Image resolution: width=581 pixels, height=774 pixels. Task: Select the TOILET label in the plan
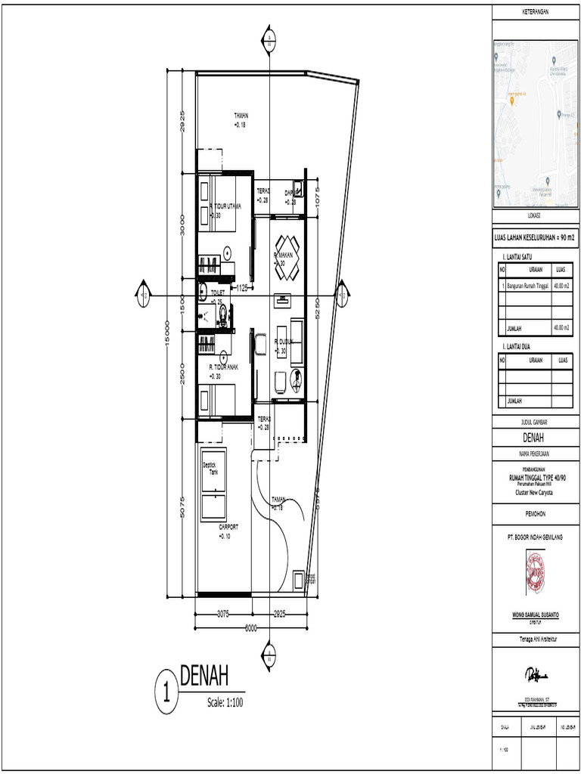(218, 292)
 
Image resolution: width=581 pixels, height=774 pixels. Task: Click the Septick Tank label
(210, 468)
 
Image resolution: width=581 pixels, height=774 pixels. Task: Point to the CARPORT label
(228, 527)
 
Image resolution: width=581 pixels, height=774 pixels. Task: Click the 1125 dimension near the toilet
(242, 288)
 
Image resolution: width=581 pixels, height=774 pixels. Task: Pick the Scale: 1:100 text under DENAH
(225, 703)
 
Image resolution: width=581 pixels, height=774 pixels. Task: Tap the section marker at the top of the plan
(269, 40)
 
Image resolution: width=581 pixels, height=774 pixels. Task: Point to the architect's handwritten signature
(536, 673)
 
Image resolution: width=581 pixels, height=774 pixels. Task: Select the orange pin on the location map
(514, 102)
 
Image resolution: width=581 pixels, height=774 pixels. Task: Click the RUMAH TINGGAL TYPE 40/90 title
(536, 478)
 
